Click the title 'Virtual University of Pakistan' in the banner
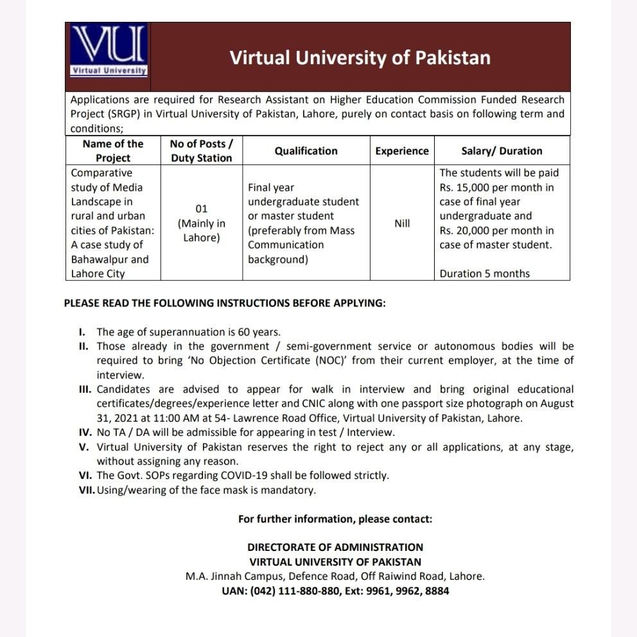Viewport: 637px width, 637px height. pos(360,58)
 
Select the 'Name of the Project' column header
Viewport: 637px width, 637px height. pos(113,151)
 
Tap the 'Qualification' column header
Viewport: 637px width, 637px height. pos(306,151)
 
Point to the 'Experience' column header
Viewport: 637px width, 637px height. pos(402,151)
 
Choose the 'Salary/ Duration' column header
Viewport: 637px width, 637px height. pos(502,151)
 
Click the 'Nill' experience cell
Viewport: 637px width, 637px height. pos(402,223)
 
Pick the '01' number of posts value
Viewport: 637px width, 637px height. pos(202,209)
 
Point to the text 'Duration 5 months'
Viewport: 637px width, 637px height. pos(485,274)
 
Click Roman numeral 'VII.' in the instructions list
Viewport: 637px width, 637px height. pos(87,491)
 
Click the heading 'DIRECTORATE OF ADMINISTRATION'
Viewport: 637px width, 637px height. pos(335,547)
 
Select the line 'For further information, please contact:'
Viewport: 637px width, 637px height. pos(335,518)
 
